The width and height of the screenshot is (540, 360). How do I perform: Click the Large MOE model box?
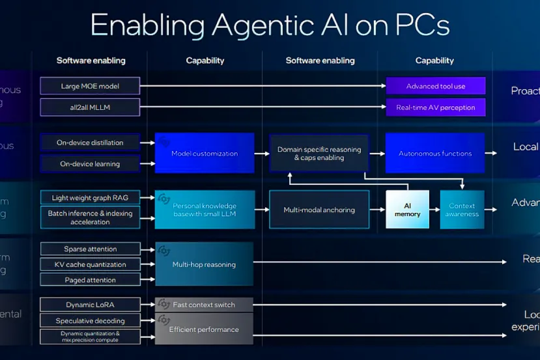[90, 86]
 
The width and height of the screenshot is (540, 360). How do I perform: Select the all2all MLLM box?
[90, 107]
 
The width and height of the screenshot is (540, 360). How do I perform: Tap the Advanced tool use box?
[435, 86]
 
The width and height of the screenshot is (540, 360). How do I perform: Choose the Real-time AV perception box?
[435, 107]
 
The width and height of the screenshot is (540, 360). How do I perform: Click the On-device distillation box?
[90, 143]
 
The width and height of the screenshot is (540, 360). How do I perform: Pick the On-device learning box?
[90, 163]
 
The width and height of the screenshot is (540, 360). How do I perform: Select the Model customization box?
[204, 153]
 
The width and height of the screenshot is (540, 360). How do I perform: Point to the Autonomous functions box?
[435, 153]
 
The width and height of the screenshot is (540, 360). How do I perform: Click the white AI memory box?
[407, 209]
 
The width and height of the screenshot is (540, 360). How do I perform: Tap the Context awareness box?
[462, 209]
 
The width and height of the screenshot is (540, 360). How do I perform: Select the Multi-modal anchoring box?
[319, 210]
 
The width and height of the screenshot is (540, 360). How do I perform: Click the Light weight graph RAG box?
[90, 197]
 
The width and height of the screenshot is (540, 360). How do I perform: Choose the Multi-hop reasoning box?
[204, 264]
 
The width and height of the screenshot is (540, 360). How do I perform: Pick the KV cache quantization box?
[90, 264]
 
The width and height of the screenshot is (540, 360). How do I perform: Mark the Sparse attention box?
[90, 249]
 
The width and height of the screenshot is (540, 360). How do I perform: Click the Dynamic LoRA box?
[90, 305]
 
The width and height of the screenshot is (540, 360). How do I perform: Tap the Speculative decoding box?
[90, 320]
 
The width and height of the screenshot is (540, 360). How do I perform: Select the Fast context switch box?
[204, 305]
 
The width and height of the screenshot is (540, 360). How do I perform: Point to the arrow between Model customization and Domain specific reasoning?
[261, 154]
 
